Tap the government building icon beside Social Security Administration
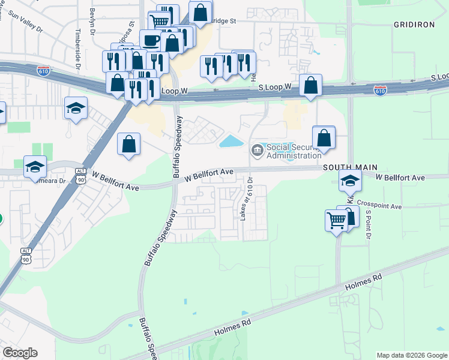point(258,149)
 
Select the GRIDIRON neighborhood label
point(414,24)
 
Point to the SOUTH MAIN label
point(345,168)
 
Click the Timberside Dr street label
point(77,46)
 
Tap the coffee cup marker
point(151,40)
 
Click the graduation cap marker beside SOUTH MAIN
point(350,179)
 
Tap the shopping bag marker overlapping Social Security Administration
point(324,137)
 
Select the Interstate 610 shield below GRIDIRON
point(380,90)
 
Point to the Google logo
point(20,353)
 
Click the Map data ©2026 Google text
point(411,355)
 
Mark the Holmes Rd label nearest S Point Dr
point(364,283)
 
